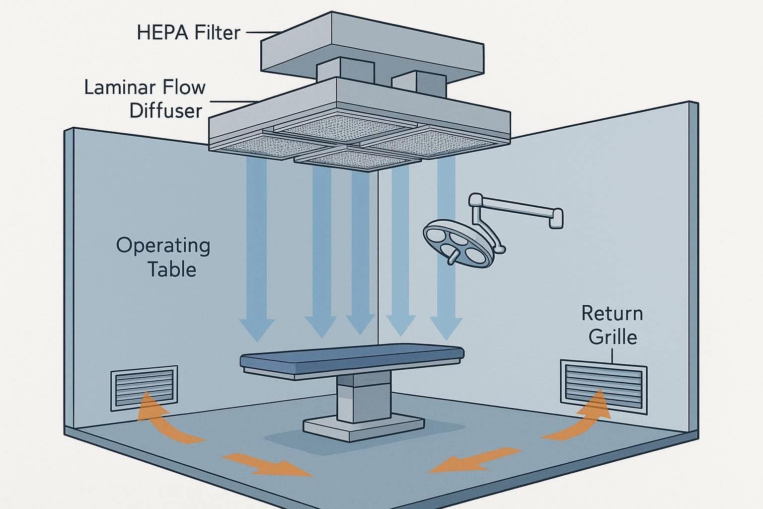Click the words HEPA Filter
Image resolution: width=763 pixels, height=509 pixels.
click(x=188, y=33)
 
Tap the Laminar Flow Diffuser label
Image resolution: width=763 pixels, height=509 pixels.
click(x=145, y=98)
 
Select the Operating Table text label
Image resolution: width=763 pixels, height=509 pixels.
click(x=163, y=257)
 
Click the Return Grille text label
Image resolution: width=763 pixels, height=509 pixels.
click(x=612, y=325)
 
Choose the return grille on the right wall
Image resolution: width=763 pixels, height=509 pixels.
click(x=604, y=386)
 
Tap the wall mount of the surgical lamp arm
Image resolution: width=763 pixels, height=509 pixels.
click(x=557, y=218)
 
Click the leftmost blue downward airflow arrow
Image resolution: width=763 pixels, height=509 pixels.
click(x=257, y=254)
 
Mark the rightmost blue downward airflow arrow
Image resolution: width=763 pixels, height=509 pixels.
click(x=445, y=254)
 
